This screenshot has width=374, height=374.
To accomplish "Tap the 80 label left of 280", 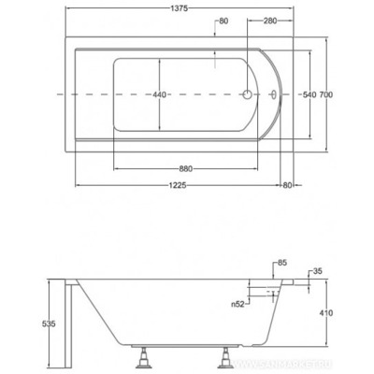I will pos(222,21).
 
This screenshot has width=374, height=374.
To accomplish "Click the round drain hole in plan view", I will pos(248,94).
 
